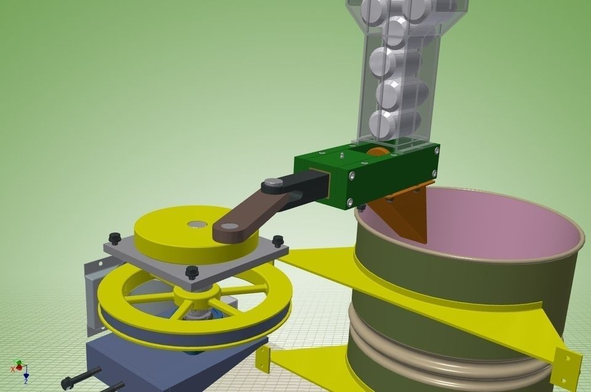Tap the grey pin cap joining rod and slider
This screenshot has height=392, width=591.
[271, 183]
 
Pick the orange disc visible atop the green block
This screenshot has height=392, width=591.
[377, 151]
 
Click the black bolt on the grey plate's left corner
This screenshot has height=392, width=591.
[114, 238]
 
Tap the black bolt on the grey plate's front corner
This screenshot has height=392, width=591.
[192, 271]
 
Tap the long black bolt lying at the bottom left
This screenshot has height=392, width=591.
[80, 377]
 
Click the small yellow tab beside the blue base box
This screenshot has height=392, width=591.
[264, 359]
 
